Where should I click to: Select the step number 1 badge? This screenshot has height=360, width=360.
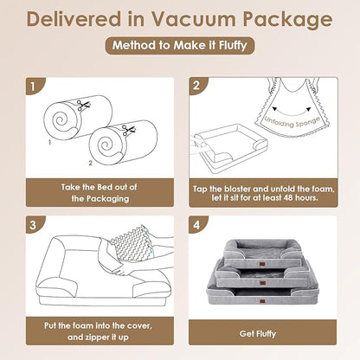[33, 87]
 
